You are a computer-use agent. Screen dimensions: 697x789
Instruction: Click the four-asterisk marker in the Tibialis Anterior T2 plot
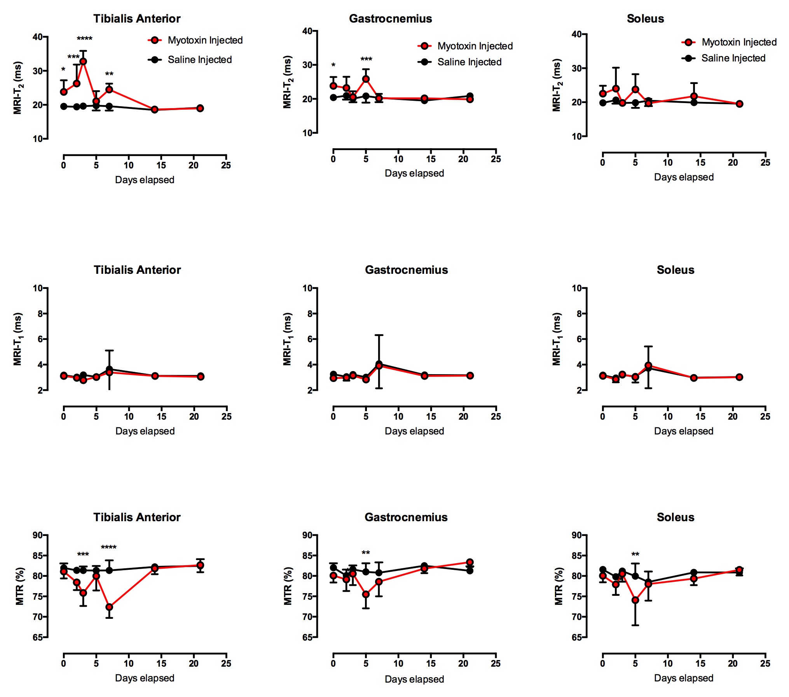[x=84, y=39]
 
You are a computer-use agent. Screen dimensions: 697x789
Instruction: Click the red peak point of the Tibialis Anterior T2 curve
[x=83, y=61]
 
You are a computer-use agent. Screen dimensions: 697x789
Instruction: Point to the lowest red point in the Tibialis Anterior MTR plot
[x=109, y=607]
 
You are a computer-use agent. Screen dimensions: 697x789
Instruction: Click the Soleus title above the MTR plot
[x=675, y=517]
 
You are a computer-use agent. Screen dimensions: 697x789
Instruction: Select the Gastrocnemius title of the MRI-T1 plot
[x=406, y=270]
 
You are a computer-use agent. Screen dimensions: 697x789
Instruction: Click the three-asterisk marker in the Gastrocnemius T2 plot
[x=366, y=60]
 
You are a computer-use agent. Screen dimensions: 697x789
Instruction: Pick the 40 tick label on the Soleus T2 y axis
[x=576, y=35]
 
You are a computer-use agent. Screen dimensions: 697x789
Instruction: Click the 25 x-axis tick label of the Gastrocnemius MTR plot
[x=496, y=664]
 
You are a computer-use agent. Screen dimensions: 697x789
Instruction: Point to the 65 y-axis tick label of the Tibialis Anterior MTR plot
[x=38, y=637]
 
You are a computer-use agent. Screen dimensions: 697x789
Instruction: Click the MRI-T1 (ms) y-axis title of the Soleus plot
[x=557, y=339]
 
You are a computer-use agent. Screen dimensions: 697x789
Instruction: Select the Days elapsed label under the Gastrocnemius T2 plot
[x=414, y=173]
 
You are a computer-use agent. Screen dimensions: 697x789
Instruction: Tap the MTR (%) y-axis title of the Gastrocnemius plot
[x=288, y=586]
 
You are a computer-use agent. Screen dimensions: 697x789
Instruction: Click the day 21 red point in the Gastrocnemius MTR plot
[x=470, y=562]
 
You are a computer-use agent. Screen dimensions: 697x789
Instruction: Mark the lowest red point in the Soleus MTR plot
[x=635, y=600]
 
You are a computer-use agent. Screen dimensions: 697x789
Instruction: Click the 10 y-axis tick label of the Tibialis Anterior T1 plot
[x=38, y=289]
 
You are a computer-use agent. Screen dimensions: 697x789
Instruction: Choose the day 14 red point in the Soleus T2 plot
[x=694, y=96]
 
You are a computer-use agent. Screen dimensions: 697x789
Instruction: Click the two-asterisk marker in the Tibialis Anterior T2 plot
[x=109, y=74]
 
